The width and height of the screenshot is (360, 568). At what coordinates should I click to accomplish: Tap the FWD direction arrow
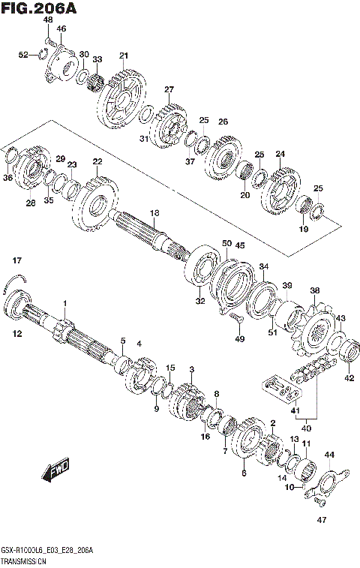click(x=55, y=470)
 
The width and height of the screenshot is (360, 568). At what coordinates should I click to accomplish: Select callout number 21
click(x=123, y=56)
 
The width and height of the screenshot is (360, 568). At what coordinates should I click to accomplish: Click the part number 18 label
click(x=154, y=213)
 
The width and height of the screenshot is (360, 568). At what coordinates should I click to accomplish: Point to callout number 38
click(x=314, y=290)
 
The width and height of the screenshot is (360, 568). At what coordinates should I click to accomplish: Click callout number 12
click(x=16, y=333)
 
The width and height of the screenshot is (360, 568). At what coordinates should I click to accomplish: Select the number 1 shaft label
click(x=65, y=303)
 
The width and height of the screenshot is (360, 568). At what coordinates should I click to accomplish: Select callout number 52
click(x=23, y=55)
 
